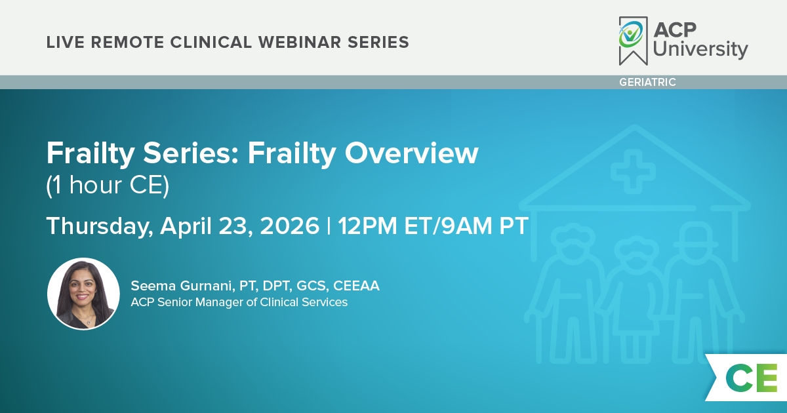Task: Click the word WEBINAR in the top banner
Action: coord(300,42)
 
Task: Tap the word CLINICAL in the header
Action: coord(211,42)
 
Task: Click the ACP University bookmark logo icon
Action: coord(633,41)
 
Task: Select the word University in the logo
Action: coord(700,49)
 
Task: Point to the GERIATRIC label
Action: coord(647,82)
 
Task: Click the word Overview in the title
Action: coord(411,153)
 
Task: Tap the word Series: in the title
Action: coord(191,153)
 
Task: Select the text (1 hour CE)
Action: coord(108,185)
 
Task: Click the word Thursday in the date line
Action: coord(100,226)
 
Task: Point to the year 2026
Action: coord(289,226)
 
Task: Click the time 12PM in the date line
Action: coord(367,226)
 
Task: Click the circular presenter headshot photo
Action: coord(83,294)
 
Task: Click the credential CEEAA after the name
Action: coord(356,286)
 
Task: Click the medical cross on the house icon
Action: coord(633,172)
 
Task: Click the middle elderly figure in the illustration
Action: coord(636,299)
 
